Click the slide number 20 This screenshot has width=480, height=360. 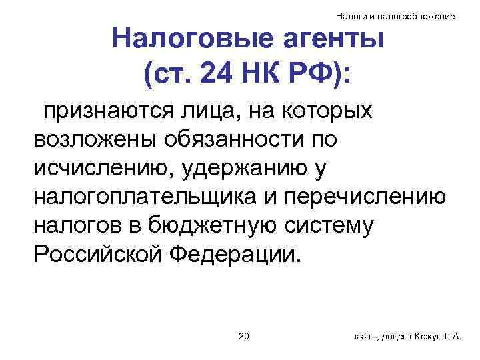tap(243, 336)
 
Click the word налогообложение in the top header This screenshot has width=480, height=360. tap(422, 15)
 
